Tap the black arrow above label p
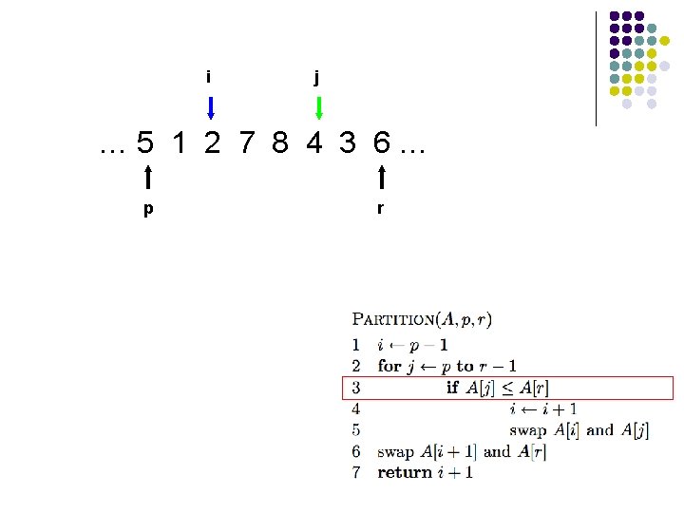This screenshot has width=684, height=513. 148,178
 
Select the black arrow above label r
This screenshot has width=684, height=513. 381,178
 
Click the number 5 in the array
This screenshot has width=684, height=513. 144,143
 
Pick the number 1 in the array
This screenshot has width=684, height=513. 180,143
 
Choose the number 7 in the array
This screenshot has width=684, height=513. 247,143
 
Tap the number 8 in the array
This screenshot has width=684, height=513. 279,143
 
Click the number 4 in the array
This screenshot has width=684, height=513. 313,143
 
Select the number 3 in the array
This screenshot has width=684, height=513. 348,143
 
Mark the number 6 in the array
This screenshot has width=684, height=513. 381,143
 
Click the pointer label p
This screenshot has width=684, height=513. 147,209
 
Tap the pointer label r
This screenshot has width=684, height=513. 380,209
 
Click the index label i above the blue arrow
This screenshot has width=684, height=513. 208,76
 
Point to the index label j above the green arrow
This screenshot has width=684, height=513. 317,77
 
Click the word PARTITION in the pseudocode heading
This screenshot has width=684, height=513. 394,321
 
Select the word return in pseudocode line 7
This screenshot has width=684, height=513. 405,472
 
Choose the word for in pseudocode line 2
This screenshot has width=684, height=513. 389,366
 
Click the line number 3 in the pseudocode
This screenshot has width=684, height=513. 355,388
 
